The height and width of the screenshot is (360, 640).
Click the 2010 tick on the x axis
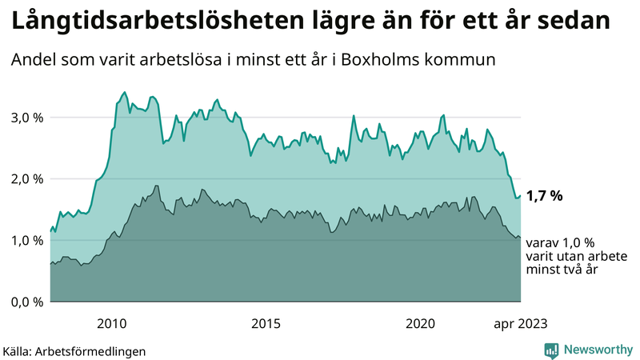point(112,323)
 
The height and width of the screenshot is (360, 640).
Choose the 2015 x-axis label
point(266,323)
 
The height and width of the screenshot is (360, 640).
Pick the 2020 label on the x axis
point(421,323)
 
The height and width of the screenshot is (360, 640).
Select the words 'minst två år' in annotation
point(563,270)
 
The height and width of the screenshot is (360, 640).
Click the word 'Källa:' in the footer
point(22,351)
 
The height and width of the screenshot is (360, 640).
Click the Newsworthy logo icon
point(551,350)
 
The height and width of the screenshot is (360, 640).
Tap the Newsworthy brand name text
point(598,350)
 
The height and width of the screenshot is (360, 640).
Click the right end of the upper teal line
point(521,195)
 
